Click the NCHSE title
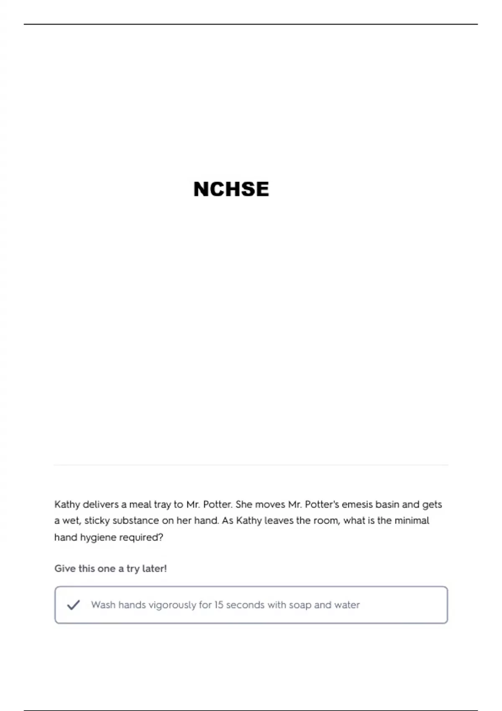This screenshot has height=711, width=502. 231,189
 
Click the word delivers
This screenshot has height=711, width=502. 100,504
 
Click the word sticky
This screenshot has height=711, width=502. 97,521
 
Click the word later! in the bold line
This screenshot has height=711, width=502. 154,569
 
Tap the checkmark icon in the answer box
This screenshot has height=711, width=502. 73,605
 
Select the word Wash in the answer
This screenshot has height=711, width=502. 103,605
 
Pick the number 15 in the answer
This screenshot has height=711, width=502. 219,605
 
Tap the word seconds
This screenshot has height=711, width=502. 246,605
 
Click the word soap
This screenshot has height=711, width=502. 300,605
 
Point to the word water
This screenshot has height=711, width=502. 347,605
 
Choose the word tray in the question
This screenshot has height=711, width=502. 163,505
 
